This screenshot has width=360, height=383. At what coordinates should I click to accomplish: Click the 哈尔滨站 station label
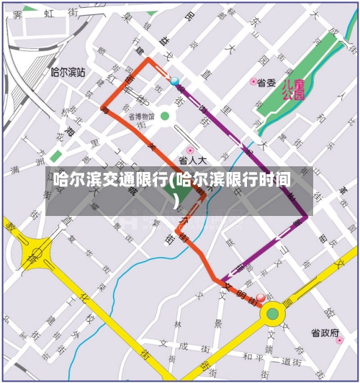68,73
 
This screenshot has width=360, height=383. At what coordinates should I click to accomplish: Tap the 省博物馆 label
142,116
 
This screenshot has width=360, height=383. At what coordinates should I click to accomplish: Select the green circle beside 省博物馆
165,116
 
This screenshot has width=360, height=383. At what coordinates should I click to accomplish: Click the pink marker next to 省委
253,82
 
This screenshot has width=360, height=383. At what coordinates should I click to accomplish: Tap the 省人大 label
192,161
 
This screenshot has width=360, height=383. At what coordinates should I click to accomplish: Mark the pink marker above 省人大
190,150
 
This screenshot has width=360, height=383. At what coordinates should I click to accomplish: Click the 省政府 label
325,333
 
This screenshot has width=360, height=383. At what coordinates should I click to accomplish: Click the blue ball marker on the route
174,81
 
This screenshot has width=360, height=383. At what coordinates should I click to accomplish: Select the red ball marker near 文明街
261,297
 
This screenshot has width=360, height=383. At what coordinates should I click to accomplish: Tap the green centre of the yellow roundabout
272,313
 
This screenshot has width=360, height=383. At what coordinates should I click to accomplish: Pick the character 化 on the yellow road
85,297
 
